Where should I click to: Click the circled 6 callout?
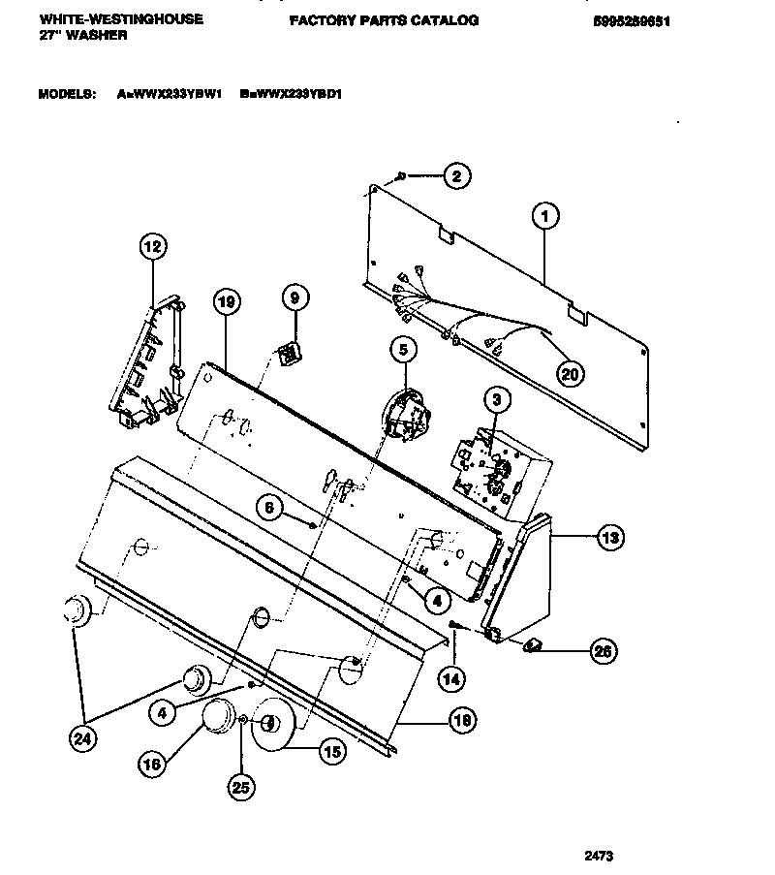pos(271,506)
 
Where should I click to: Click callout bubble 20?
pos(572,371)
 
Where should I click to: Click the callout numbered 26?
pos(603,652)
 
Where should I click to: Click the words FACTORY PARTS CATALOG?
pos(384,19)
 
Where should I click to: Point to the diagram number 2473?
pos(599,856)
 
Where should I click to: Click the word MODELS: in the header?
pos(67,94)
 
